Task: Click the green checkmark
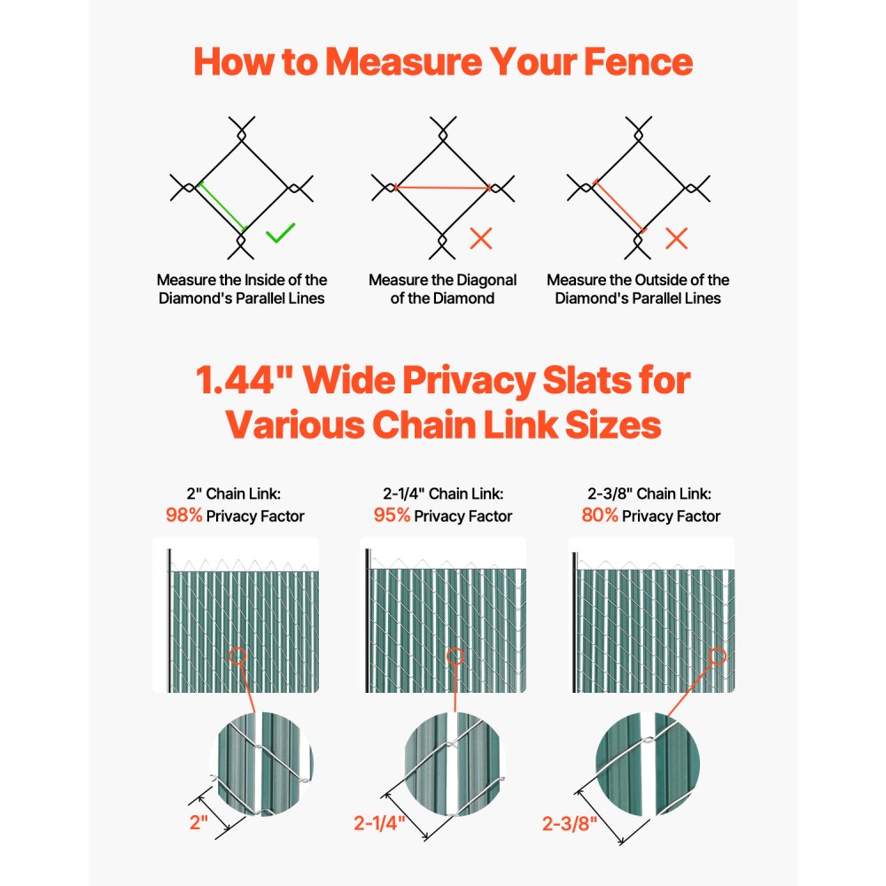[x=280, y=234]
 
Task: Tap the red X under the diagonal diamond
[x=481, y=237]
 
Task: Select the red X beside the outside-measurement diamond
[x=677, y=237]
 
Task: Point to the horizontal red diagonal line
[x=442, y=187]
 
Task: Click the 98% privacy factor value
[x=183, y=515]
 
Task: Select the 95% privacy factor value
[x=391, y=515]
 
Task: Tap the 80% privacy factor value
[x=599, y=515]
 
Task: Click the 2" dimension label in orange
[x=198, y=821]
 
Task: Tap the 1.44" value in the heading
[x=242, y=381]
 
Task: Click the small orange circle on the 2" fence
[x=237, y=657]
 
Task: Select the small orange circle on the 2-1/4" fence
[x=455, y=657]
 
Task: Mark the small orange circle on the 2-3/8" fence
[x=718, y=656]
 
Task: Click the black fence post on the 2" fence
[x=168, y=620]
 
